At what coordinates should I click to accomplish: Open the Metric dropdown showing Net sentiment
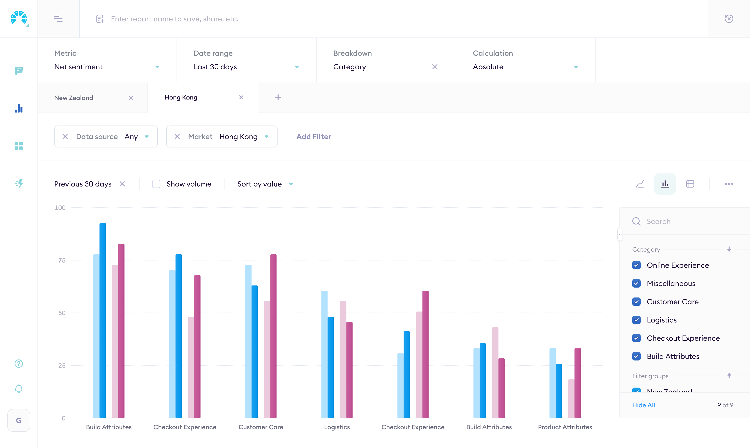point(106,67)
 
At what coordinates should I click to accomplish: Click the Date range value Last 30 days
point(215,67)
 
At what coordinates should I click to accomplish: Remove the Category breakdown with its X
point(435,67)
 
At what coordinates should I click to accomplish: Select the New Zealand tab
point(74,98)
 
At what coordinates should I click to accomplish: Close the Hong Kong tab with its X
point(241,98)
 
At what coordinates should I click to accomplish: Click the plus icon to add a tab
point(278,98)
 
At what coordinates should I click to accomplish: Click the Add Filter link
point(313,136)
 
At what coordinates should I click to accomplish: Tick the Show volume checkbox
point(156,184)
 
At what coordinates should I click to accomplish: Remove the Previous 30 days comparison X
point(122,184)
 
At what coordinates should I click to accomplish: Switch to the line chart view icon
point(640,184)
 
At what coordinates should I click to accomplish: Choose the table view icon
point(690,184)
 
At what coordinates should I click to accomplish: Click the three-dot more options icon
point(729,184)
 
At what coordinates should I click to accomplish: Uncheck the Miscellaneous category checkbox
point(636,283)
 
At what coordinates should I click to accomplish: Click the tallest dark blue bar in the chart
point(103,320)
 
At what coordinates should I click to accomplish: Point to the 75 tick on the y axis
point(62,260)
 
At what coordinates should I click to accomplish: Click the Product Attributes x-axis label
point(565,427)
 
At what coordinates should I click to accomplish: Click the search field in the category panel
point(688,221)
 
